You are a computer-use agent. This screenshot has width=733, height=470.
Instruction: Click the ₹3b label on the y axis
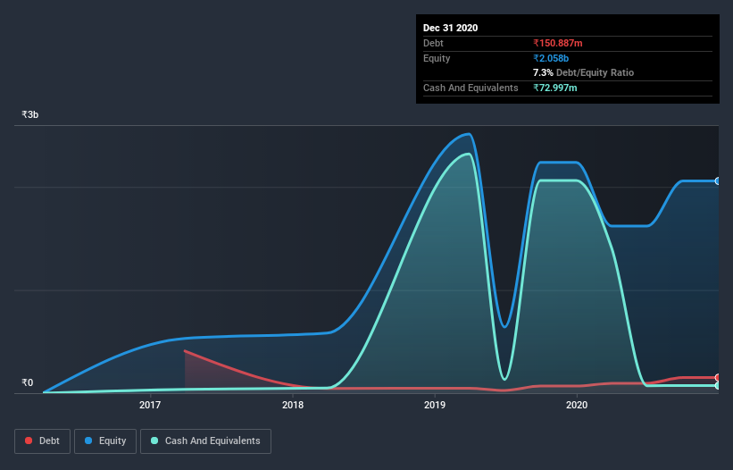click(30, 115)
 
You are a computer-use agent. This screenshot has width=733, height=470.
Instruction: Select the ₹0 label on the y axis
click(28, 383)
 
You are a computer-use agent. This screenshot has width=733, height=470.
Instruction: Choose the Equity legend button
click(105, 441)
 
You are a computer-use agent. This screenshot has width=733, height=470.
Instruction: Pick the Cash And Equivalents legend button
click(205, 441)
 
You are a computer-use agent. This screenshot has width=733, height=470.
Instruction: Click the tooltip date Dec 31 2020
click(450, 28)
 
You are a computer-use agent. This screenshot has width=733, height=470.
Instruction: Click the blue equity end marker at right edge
click(717, 181)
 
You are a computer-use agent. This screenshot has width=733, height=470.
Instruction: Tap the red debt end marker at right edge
click(717, 378)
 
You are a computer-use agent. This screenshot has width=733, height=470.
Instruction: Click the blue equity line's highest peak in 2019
click(469, 134)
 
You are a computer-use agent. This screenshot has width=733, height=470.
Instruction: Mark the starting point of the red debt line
click(185, 351)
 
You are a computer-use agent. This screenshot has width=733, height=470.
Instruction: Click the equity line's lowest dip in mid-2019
click(504, 327)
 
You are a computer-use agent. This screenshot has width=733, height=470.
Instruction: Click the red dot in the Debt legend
click(29, 441)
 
